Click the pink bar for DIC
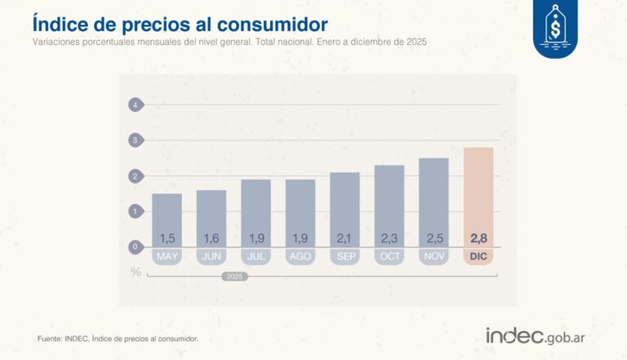pyautogui.click(x=478, y=197)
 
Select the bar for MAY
pyautogui.click(x=167, y=220)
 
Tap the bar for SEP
pyautogui.click(x=345, y=209)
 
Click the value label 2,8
pyautogui.click(x=478, y=238)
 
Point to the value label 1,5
pyautogui.click(x=167, y=238)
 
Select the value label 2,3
pyautogui.click(x=389, y=238)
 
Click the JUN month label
pyautogui.click(x=211, y=257)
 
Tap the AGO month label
pyautogui.click(x=300, y=257)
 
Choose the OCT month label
pyautogui.click(x=389, y=257)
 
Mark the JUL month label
pyautogui.click(x=256, y=257)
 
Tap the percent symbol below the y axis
pyautogui.click(x=136, y=271)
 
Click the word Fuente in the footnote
pyautogui.click(x=51, y=338)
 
